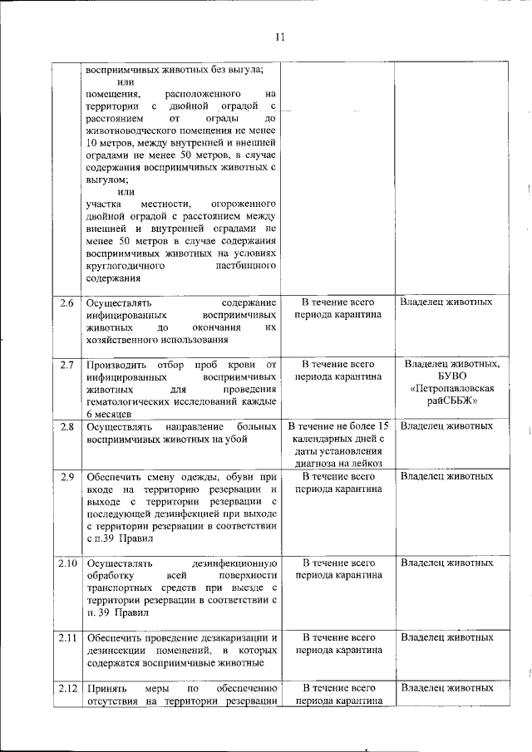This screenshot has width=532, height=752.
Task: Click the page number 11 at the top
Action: [x=280, y=37]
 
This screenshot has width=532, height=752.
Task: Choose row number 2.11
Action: [x=68, y=637]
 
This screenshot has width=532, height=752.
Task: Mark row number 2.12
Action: [x=68, y=688]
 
